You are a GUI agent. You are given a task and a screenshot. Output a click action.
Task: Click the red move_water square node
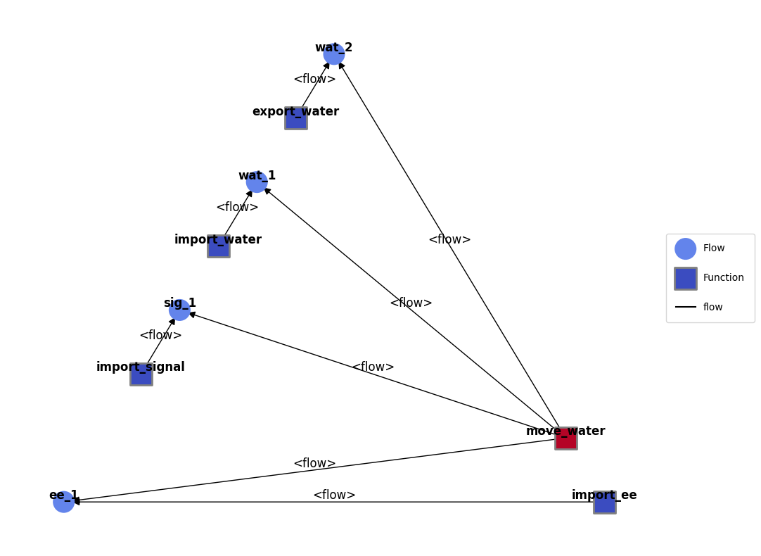tap(566, 438)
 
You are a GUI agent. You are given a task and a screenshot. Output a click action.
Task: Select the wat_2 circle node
tap(334, 54)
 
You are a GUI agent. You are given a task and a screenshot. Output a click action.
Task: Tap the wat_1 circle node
tap(257, 182)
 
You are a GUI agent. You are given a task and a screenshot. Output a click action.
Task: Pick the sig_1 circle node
tap(179, 310)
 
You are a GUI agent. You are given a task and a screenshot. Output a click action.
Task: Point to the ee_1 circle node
tap(63, 502)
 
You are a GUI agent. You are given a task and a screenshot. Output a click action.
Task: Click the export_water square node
tap(296, 118)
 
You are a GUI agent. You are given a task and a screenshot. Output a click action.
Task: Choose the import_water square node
tap(219, 246)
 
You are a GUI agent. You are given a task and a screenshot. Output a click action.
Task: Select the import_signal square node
tap(141, 374)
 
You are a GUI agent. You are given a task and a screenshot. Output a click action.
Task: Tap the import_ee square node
tap(605, 502)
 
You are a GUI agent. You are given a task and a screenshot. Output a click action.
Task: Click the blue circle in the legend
tap(685, 248)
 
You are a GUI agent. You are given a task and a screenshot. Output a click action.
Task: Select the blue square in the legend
tap(686, 279)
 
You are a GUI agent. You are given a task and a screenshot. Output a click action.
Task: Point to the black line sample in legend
tap(685, 307)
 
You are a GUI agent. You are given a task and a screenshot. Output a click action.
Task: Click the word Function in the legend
tap(723, 277)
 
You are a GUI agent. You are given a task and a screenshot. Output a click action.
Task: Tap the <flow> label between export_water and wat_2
tap(314, 79)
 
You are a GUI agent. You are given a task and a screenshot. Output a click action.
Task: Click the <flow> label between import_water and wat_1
tap(237, 207)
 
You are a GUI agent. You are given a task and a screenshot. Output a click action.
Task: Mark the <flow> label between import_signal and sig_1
tap(160, 335)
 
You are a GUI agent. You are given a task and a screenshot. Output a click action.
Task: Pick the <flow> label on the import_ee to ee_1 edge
tap(334, 495)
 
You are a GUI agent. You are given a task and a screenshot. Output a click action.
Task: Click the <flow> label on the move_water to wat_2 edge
tap(450, 239)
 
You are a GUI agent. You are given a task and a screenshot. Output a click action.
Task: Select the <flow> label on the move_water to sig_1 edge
tap(373, 367)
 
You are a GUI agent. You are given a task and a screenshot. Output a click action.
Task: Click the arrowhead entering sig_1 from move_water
tap(193, 315)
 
